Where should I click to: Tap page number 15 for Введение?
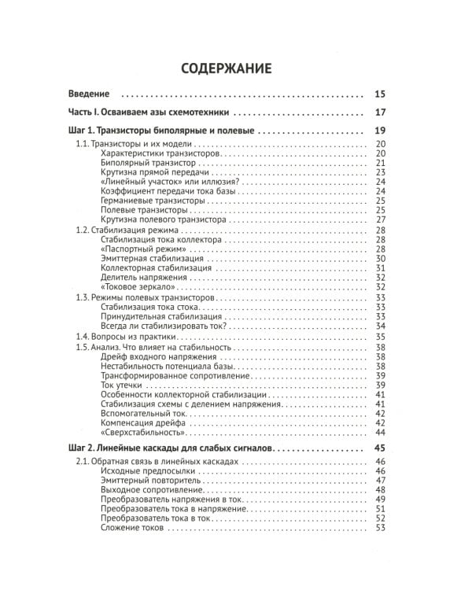(381, 94)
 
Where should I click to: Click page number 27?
(381, 219)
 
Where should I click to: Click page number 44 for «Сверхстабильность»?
(381, 433)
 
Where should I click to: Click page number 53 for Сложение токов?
(381, 527)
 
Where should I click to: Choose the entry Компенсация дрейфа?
(143, 422)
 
